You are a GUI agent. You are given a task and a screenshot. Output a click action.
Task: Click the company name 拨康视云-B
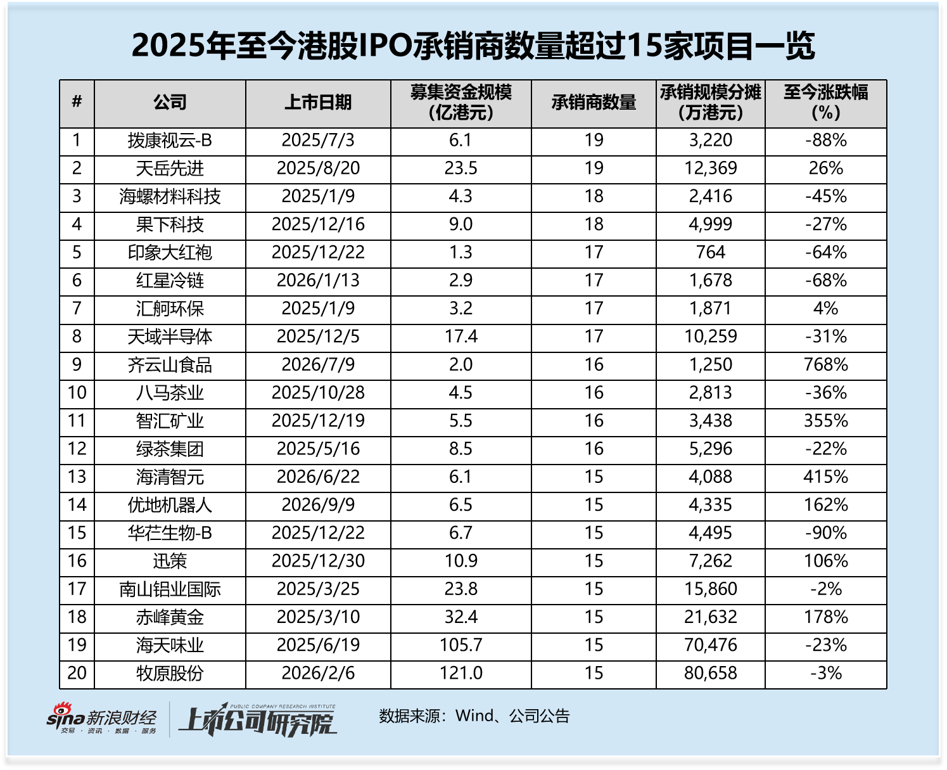170,141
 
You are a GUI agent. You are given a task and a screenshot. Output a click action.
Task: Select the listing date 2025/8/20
318,169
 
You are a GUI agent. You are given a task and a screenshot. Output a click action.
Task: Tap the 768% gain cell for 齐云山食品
825,365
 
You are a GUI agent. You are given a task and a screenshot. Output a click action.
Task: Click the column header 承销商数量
594,103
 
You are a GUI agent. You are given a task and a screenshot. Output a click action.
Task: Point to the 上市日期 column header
318,103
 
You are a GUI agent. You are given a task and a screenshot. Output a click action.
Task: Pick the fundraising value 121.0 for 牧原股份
461,673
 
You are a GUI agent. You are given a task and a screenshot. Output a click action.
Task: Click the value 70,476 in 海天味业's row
711,645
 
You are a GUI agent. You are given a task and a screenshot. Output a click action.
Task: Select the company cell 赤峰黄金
170,617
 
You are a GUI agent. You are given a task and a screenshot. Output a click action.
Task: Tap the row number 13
77,477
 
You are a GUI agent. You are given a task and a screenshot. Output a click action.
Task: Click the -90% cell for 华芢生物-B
825,533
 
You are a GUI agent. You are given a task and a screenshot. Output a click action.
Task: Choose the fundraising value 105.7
461,645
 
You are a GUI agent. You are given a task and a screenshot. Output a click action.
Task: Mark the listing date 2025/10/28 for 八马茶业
318,393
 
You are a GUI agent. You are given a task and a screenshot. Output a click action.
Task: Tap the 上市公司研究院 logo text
258,721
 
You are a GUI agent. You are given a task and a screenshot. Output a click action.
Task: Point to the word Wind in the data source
475,715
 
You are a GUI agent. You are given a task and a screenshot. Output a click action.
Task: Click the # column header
77,102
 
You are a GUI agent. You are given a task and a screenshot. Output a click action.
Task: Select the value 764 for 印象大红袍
711,253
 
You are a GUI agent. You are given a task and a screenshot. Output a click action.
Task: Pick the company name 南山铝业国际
170,589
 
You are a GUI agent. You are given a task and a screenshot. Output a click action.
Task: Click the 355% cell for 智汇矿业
825,421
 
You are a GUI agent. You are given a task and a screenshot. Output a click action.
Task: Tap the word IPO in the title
386,46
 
